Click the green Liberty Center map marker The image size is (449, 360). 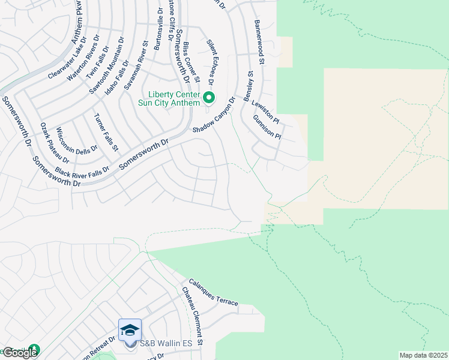coord(209,97)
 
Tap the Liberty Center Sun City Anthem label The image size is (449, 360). coord(173,99)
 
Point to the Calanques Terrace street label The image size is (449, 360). coord(213,292)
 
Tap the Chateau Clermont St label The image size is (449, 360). coord(193,316)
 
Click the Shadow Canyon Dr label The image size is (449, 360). coord(214,116)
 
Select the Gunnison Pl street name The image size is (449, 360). coord(268,128)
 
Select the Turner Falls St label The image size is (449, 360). coord(106,132)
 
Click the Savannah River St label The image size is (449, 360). coord(136,65)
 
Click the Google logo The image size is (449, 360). coord(19,353)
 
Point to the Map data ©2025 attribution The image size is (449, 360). coord(423,355)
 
